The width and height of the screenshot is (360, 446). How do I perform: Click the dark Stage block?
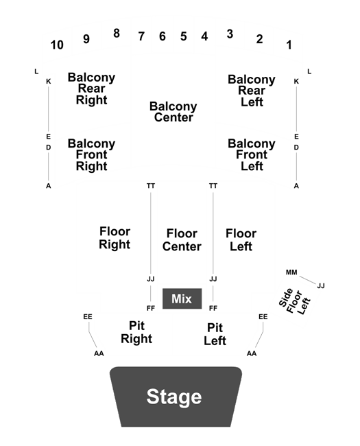(x=176, y=397)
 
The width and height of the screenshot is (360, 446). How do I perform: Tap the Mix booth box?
(x=182, y=298)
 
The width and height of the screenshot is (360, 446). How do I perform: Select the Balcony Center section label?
(x=173, y=112)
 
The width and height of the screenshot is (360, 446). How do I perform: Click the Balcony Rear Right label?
(x=92, y=89)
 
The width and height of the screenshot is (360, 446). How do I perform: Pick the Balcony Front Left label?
(x=252, y=155)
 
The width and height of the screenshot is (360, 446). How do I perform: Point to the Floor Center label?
(x=182, y=239)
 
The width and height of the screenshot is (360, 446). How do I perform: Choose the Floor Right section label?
(x=115, y=238)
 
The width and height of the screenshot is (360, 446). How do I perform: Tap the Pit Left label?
(x=215, y=334)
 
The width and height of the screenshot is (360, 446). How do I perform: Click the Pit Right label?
(x=136, y=332)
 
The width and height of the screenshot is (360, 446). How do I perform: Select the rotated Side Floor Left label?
(x=294, y=301)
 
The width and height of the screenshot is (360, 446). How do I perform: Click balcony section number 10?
(x=57, y=45)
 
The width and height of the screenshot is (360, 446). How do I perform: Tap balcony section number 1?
(x=289, y=45)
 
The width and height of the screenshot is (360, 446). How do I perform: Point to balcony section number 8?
(x=117, y=34)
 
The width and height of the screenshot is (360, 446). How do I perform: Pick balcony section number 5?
(x=183, y=36)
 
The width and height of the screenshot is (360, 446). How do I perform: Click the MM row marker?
(x=291, y=272)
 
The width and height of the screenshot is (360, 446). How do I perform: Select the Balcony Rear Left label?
(x=252, y=91)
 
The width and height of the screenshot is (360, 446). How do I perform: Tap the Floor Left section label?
(x=241, y=239)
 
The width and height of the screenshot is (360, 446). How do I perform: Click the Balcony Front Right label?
(x=92, y=155)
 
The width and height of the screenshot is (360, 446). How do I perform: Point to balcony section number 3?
(x=230, y=34)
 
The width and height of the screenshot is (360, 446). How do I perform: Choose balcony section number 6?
(x=162, y=36)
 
